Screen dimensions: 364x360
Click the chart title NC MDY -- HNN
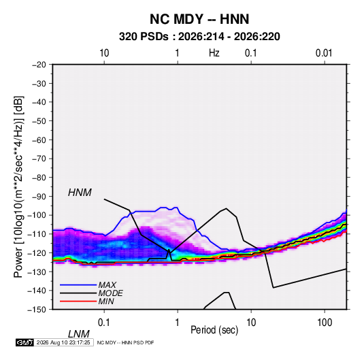tap(199, 19)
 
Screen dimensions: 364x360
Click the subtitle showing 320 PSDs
tap(199, 37)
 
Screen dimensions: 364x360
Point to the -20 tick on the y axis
tap(39, 65)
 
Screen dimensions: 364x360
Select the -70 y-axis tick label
tap(39, 159)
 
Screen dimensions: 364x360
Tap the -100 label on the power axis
tap(37, 215)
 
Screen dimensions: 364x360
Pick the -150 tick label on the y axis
tap(37, 310)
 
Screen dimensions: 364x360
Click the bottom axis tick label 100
tap(325, 323)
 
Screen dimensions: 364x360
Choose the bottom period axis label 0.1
tap(104, 323)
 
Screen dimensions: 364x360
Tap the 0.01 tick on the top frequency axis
tap(324, 53)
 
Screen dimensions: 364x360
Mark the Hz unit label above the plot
tap(214, 53)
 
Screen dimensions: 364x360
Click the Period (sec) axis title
tap(214, 330)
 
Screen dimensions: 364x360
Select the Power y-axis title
tap(18, 187)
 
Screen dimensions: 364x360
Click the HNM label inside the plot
tap(80, 193)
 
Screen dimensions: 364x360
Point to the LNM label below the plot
tap(78, 334)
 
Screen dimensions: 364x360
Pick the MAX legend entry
tap(107, 285)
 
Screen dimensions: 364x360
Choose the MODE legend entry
tap(110, 293)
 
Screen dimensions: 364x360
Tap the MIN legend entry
tap(106, 301)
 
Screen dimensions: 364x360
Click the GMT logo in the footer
tap(24, 342)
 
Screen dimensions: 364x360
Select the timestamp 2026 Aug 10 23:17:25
tap(63, 342)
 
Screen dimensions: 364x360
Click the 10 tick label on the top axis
tap(104, 53)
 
